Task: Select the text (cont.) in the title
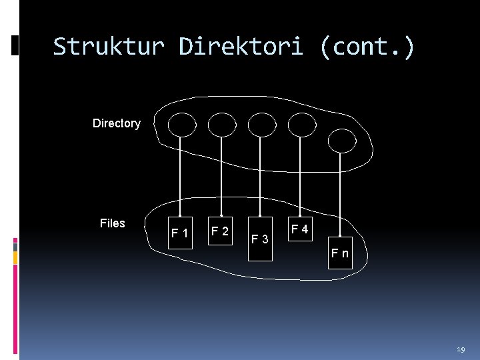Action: click(367, 47)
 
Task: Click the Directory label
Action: click(117, 123)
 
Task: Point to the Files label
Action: click(112, 223)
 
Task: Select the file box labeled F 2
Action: click(220, 231)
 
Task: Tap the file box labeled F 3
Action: click(260, 238)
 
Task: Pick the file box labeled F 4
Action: click(300, 230)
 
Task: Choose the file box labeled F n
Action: click(340, 253)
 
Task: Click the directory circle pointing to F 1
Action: click(181, 124)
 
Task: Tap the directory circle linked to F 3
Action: click(261, 124)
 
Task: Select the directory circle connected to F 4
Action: click(301, 124)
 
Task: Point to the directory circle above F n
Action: click(342, 139)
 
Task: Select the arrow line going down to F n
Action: click(341, 193)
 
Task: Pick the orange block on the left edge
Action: click(15, 257)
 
